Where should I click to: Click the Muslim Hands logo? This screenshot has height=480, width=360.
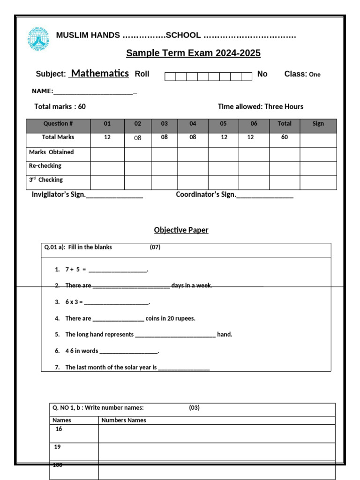[x=39, y=38]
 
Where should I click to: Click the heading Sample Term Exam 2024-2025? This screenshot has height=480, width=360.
[x=193, y=53]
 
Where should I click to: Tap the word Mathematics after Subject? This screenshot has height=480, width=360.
[x=100, y=73]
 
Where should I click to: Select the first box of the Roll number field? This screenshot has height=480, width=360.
[x=170, y=76]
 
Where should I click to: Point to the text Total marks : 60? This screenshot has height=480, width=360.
[x=60, y=106]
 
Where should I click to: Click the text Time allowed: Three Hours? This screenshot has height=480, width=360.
[x=260, y=106]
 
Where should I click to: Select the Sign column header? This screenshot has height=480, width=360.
[x=318, y=124]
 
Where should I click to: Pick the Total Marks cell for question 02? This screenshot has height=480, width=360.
[x=137, y=138]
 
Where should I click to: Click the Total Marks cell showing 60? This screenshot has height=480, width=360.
[x=284, y=138]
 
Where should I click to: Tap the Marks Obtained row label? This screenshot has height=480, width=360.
[x=52, y=152]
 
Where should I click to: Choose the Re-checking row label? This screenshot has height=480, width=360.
[x=45, y=166]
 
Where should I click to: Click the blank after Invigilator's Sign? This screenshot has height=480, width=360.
[x=114, y=195]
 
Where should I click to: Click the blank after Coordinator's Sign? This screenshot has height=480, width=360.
[x=265, y=195]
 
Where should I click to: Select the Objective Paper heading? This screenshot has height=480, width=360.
[x=181, y=230]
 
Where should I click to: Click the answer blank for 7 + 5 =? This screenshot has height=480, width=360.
[x=118, y=270]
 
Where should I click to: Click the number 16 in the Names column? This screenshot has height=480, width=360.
[x=59, y=429]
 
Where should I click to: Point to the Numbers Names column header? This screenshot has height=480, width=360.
[x=124, y=420]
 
